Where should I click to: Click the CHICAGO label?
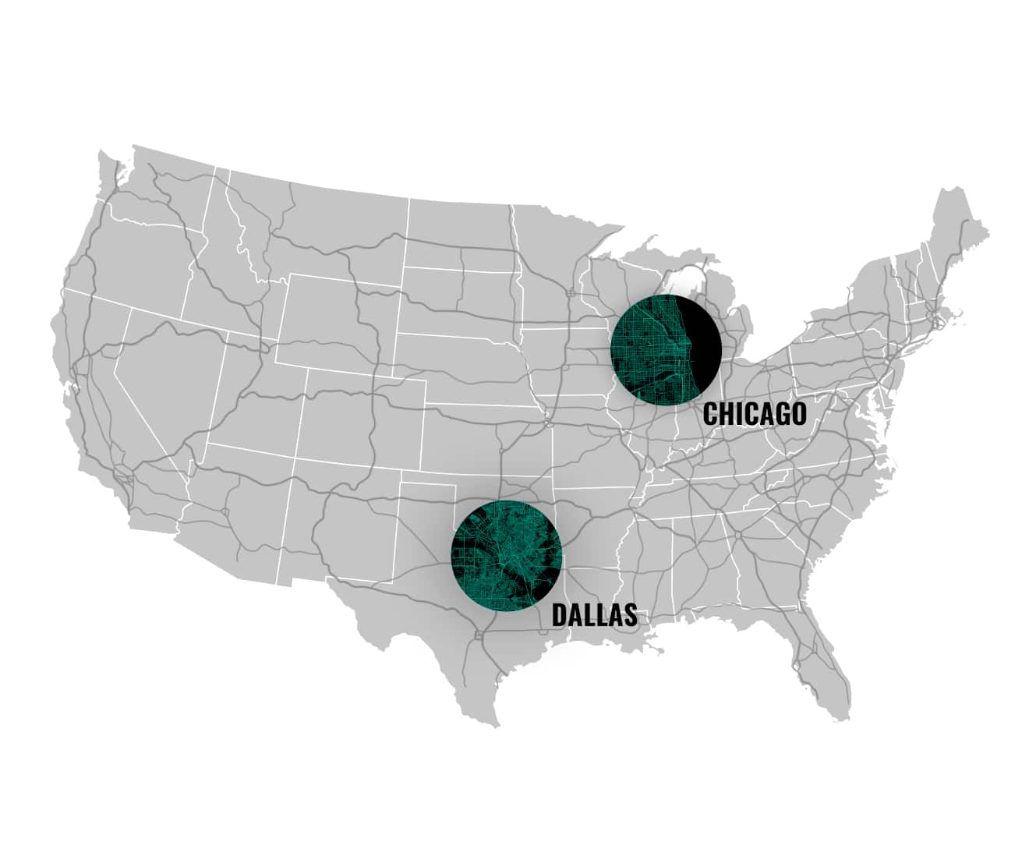[754, 414]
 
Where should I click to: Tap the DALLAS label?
[594, 614]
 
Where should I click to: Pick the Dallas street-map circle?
[507, 556]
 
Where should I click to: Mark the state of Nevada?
[168, 366]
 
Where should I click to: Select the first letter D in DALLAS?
[560, 614]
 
